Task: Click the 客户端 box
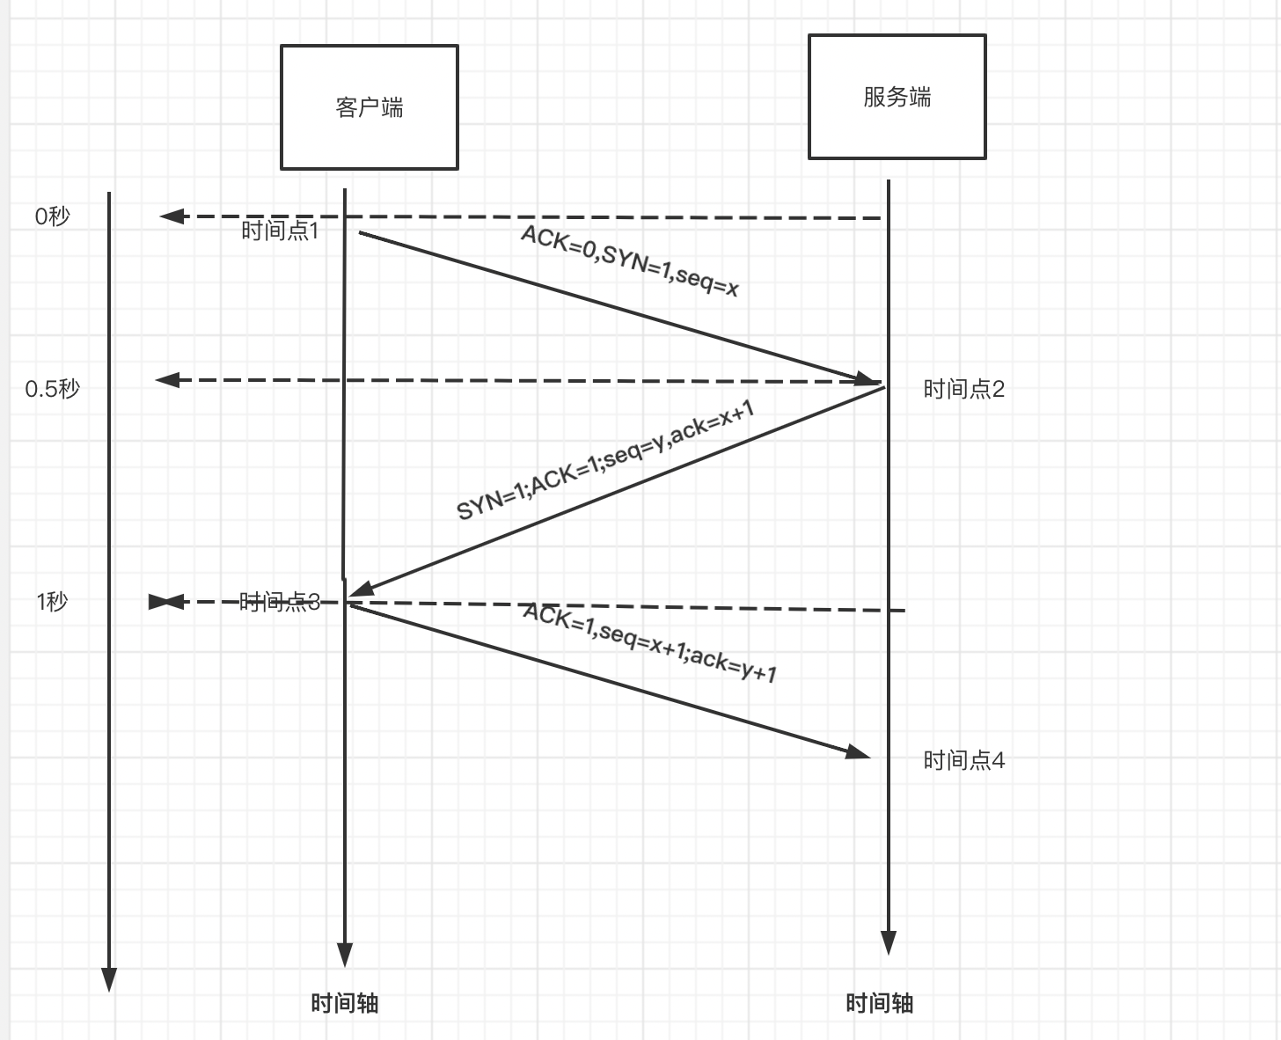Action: [370, 107]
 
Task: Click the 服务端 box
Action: [897, 97]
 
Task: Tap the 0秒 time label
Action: [52, 216]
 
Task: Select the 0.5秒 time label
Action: [52, 389]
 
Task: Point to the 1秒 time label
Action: [52, 602]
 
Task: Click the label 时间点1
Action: [280, 231]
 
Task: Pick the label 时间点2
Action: [963, 389]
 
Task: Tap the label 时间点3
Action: [280, 602]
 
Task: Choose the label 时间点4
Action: [963, 760]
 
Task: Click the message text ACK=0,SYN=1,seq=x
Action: [629, 260]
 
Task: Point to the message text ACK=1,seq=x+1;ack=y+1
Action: [649, 642]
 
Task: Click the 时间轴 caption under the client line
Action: [345, 1003]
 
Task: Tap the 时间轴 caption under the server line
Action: [879, 1003]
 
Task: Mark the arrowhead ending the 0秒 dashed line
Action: [171, 216]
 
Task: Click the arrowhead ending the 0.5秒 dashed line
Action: [167, 380]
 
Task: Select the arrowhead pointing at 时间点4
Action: [858, 752]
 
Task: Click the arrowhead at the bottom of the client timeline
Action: [345, 956]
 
